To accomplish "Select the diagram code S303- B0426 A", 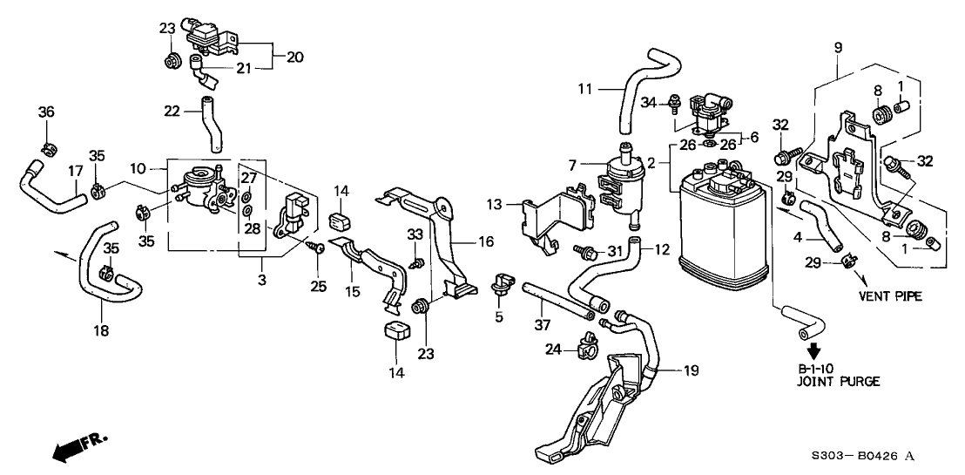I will click(861, 455).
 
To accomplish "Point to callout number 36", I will click(45, 111).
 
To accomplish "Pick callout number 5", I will click(499, 316).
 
